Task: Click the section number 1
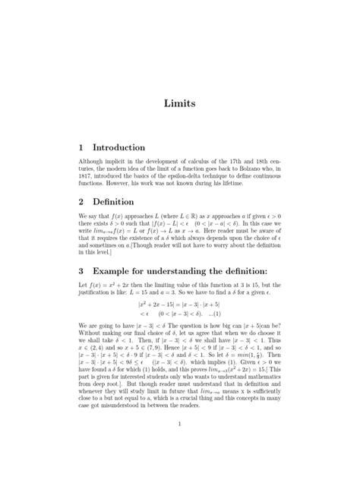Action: coord(82,146)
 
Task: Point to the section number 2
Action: coord(82,202)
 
